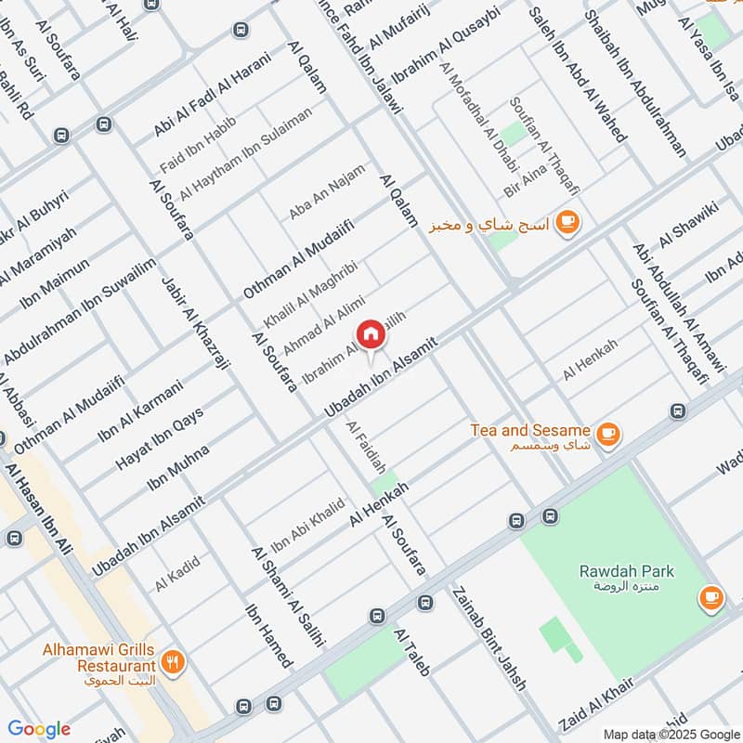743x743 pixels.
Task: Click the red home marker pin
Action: pos(370,334)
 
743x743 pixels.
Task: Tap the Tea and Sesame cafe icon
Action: pos(609,433)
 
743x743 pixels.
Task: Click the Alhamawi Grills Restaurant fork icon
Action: pos(173,662)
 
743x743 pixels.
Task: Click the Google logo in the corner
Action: pos(39,729)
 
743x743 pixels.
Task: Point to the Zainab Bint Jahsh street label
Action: pos(489,638)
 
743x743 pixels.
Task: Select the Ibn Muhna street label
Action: pos(178,468)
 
